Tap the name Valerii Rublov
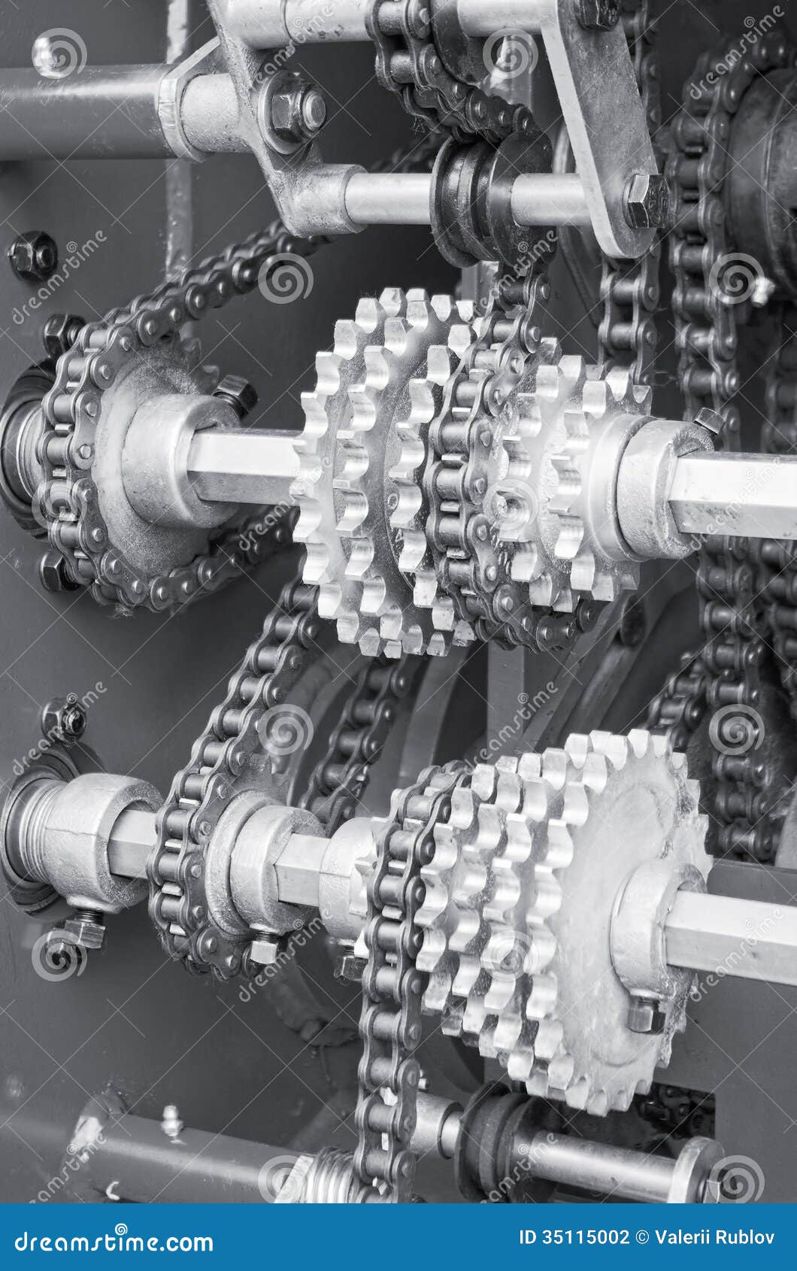click(x=715, y=1237)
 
